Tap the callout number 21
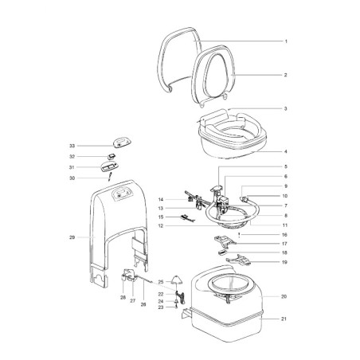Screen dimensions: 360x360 click(284, 319)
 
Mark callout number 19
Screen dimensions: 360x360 click(284, 262)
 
